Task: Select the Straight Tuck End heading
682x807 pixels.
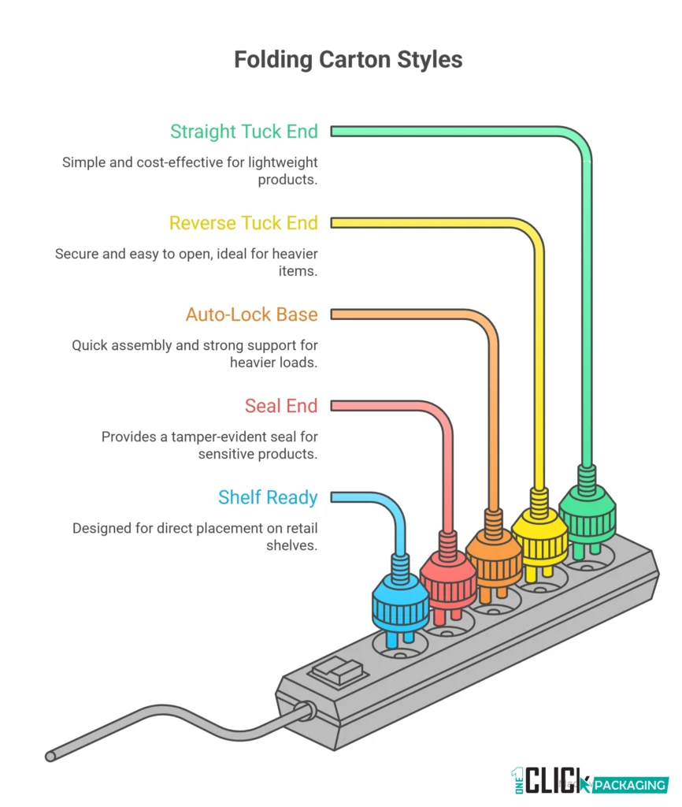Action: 244,131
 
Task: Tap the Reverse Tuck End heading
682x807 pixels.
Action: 243,223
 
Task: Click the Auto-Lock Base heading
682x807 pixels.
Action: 252,314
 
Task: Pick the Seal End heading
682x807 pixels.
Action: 281,406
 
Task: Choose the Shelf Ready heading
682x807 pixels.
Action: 268,497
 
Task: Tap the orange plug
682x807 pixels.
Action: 494,555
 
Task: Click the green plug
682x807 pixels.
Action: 587,504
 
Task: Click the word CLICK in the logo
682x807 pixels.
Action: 556,781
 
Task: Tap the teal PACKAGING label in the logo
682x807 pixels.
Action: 629,785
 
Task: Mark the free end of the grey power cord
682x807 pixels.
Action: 50,756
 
